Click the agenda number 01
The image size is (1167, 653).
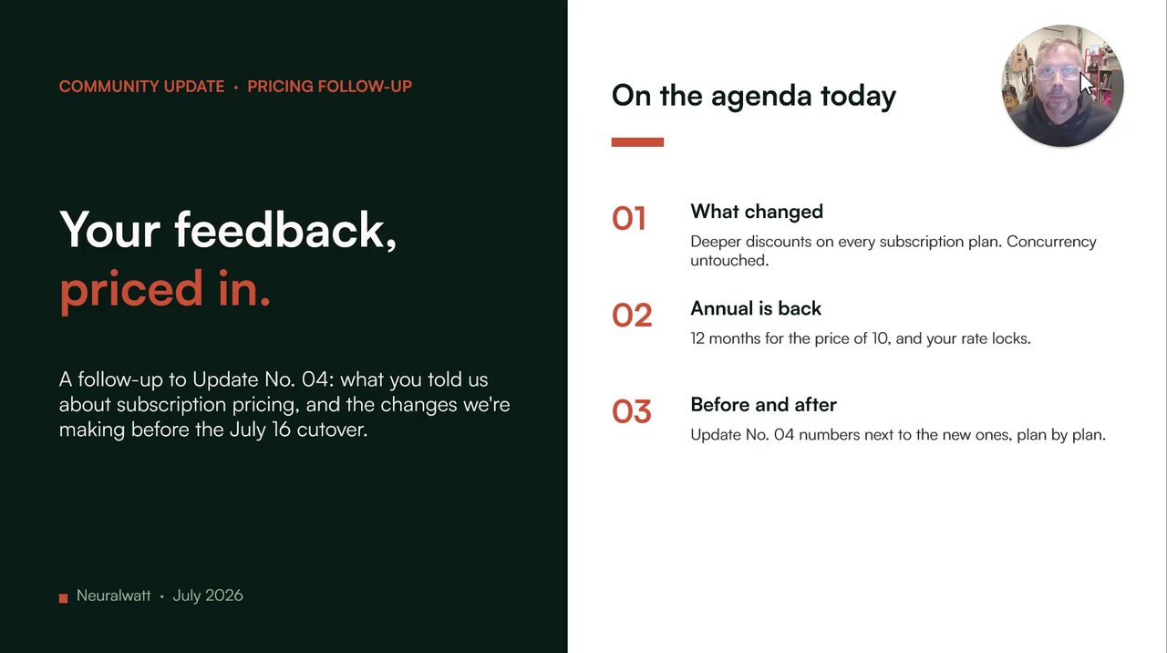point(629,219)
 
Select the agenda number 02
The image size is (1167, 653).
point(632,316)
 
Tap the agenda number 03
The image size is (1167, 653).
point(632,411)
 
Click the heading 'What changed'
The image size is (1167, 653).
point(757,212)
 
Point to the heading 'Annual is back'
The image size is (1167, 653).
point(756,308)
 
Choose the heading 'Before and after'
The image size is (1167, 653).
point(763,405)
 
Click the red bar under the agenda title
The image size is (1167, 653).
point(637,142)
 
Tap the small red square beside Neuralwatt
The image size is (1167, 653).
point(64,598)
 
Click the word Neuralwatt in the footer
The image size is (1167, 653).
point(114,596)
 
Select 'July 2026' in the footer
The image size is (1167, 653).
point(208,596)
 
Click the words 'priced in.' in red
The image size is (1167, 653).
point(165,290)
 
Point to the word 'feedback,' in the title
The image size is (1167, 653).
point(285,230)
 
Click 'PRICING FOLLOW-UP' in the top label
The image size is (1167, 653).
point(330,87)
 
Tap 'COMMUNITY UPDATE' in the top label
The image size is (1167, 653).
point(141,87)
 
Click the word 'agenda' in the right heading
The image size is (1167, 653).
point(761,97)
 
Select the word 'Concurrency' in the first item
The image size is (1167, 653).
point(1051,242)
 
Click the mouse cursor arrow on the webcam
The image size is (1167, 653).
point(1087,84)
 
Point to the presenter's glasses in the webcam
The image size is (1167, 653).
point(1057,72)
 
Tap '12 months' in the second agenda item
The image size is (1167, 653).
point(726,338)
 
